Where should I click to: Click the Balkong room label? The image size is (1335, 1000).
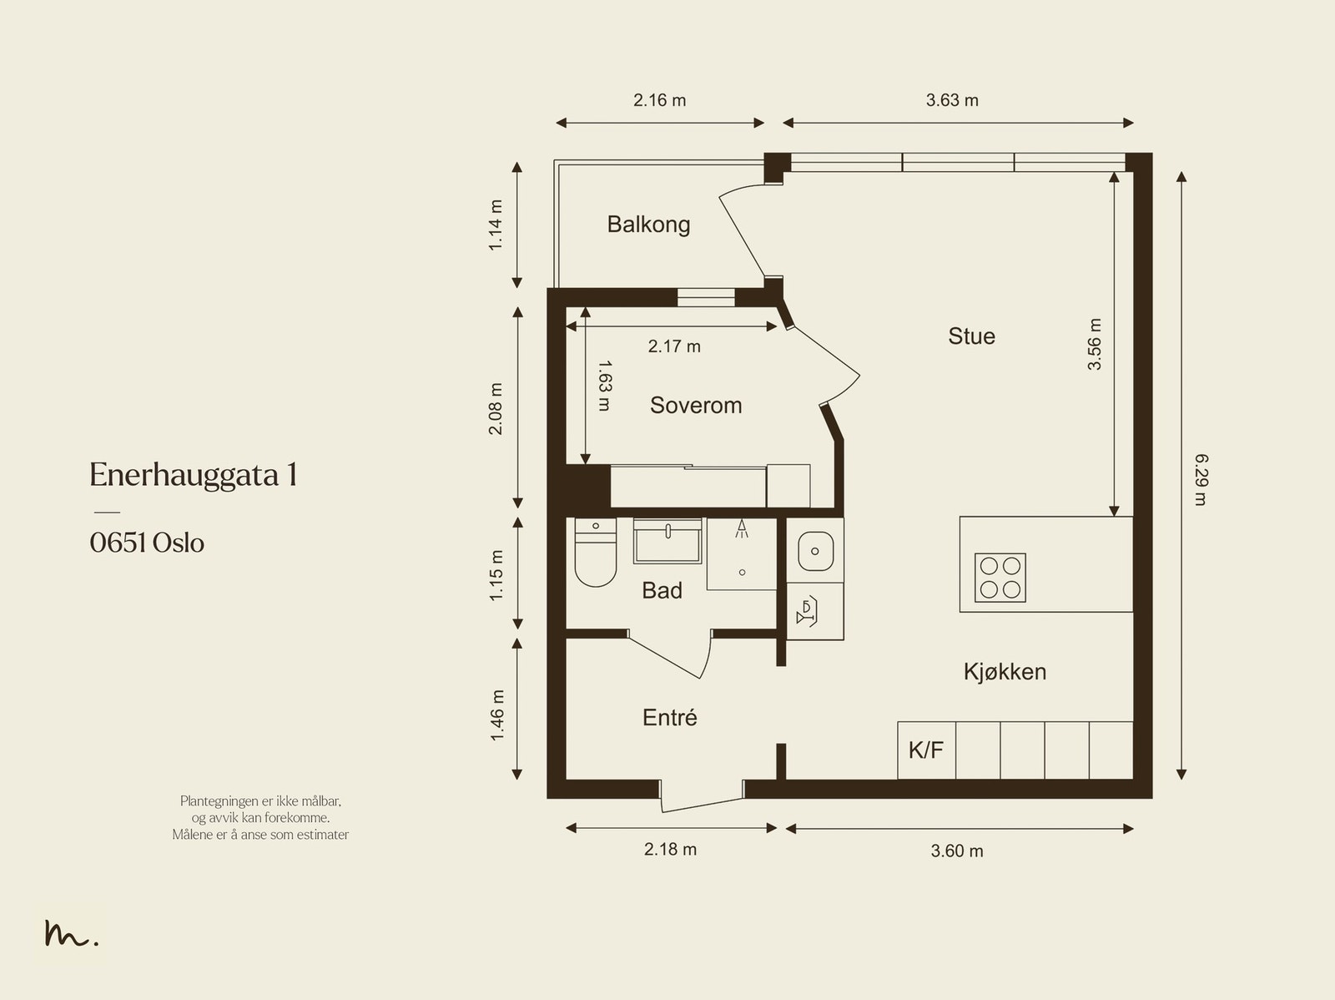tap(648, 225)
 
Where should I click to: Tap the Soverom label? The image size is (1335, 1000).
tap(696, 405)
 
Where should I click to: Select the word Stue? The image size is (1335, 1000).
tap(971, 336)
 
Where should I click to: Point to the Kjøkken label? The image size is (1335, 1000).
tap(1005, 671)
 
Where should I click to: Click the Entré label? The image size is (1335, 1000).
tap(670, 717)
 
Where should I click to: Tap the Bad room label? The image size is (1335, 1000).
tap(662, 590)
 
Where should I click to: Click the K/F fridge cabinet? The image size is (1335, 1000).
tap(926, 750)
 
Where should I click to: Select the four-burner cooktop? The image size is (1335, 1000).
tap(1000, 578)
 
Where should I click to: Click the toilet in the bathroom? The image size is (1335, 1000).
tap(596, 552)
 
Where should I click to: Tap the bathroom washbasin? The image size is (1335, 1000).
tap(667, 541)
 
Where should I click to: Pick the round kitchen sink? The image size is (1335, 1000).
tap(815, 551)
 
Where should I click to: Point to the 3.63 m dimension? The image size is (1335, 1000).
tap(952, 100)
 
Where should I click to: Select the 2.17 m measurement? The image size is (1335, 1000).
tap(674, 346)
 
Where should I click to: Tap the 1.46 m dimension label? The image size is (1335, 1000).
tap(497, 715)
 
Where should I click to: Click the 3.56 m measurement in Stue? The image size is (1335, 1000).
tap(1094, 344)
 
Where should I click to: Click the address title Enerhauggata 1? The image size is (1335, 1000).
tap(194, 475)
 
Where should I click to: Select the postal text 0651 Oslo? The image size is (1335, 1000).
tap(147, 543)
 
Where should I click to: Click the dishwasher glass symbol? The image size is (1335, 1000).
tap(807, 612)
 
